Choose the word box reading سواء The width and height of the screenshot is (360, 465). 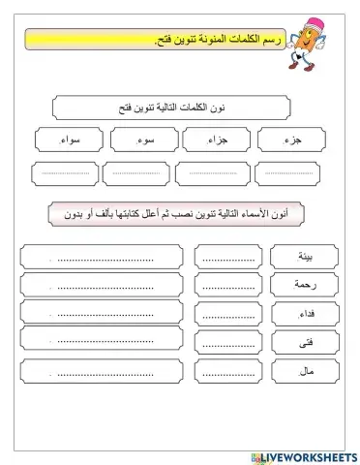coord(66,139)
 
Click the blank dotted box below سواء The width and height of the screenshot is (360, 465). coord(66,174)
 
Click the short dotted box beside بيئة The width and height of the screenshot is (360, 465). coord(225,257)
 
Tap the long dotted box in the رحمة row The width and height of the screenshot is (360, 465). coord(101,285)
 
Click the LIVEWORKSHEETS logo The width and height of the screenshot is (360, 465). coord(308,451)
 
